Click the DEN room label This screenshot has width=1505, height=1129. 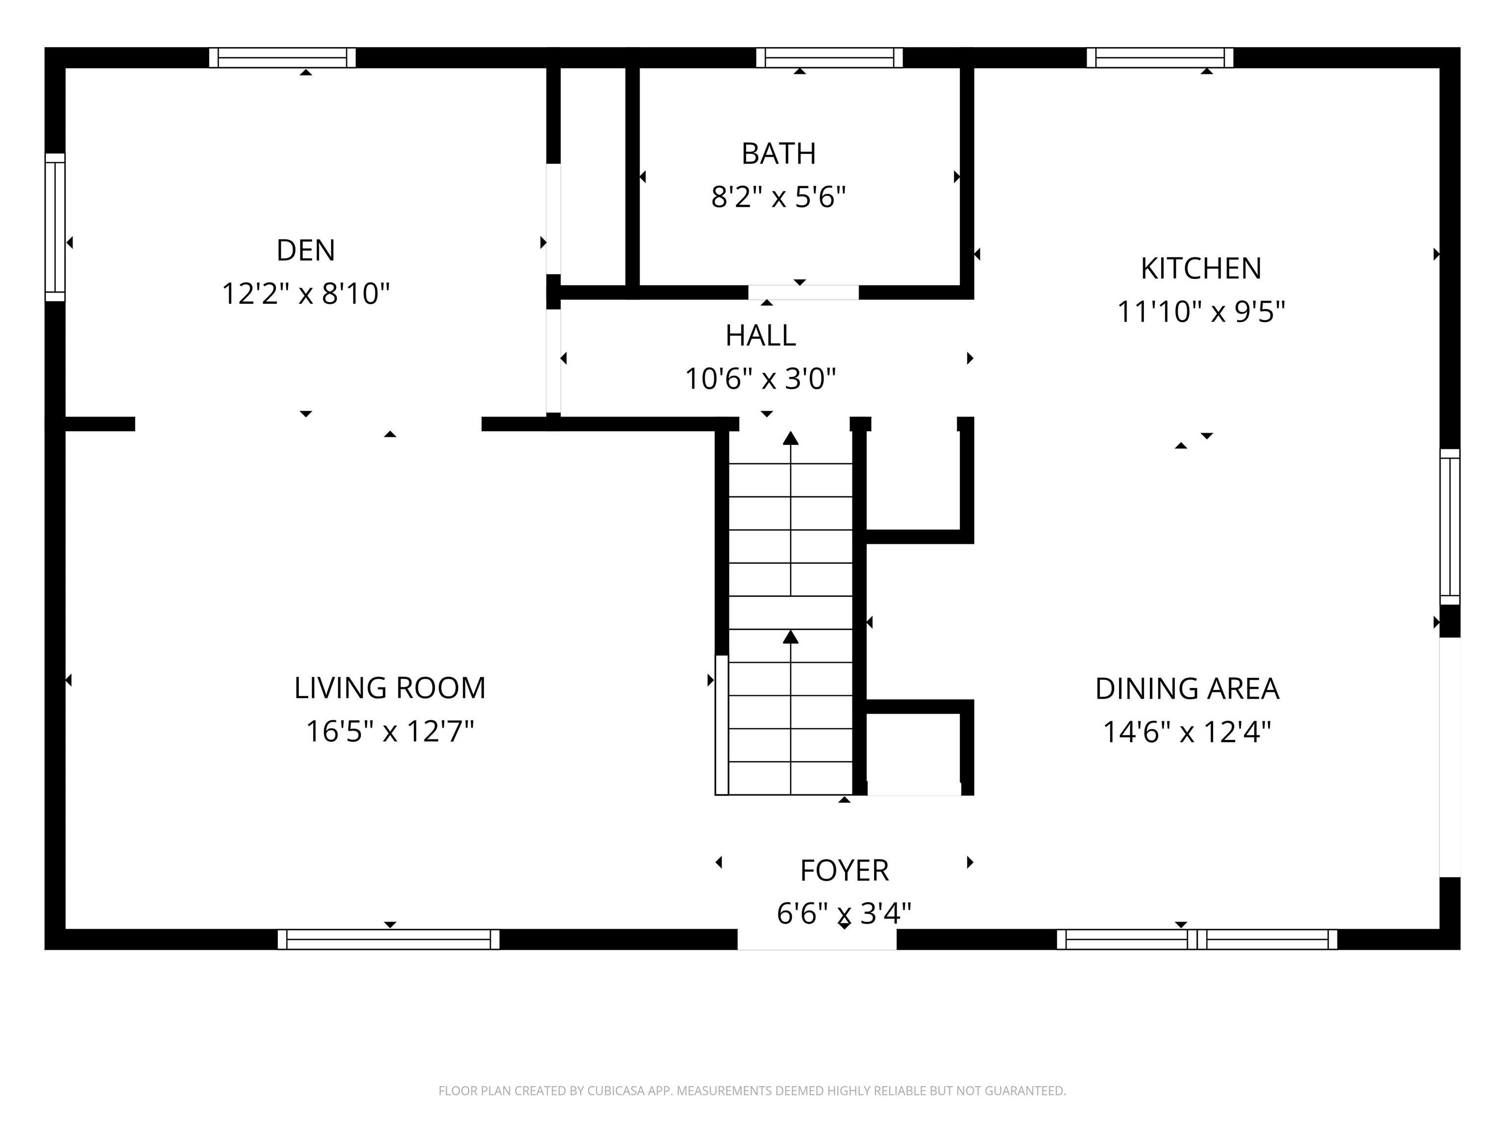(306, 250)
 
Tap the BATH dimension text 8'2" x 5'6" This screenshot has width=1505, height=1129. (778, 197)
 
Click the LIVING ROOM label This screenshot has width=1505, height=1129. (390, 688)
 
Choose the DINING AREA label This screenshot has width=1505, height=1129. (1187, 688)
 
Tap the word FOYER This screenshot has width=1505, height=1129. (844, 870)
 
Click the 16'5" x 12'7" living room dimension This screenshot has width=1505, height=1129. (390, 732)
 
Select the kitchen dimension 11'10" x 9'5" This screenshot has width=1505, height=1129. (1201, 312)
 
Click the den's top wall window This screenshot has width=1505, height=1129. (282, 58)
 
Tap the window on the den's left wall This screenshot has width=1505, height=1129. (55, 227)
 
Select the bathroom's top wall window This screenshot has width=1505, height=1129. (829, 58)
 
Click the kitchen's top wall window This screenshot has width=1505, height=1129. (1160, 58)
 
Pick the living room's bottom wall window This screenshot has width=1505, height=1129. (388, 939)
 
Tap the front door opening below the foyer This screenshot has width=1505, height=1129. (817, 939)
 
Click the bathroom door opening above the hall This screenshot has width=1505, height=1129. (803, 293)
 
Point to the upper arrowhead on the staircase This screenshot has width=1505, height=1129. (791, 438)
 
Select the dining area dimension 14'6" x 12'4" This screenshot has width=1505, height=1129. (1187, 732)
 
